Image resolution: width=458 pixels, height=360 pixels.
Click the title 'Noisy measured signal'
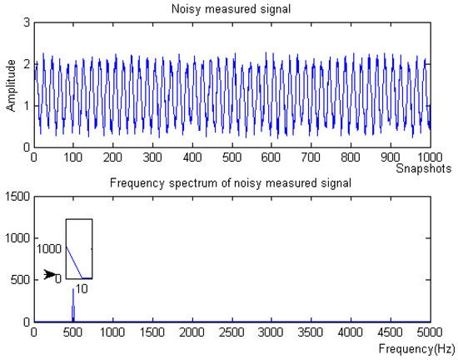coord(231,8)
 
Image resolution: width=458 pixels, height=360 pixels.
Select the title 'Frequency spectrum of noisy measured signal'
coord(231,182)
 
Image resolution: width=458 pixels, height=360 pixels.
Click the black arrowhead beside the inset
coord(51,274)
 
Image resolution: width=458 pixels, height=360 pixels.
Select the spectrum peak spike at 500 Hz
coord(73,304)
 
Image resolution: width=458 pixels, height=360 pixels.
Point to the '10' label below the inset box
coord(81,287)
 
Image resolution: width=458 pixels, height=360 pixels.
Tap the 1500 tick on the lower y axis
coord(17,196)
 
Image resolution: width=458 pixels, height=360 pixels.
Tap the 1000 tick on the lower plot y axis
coord(17,238)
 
